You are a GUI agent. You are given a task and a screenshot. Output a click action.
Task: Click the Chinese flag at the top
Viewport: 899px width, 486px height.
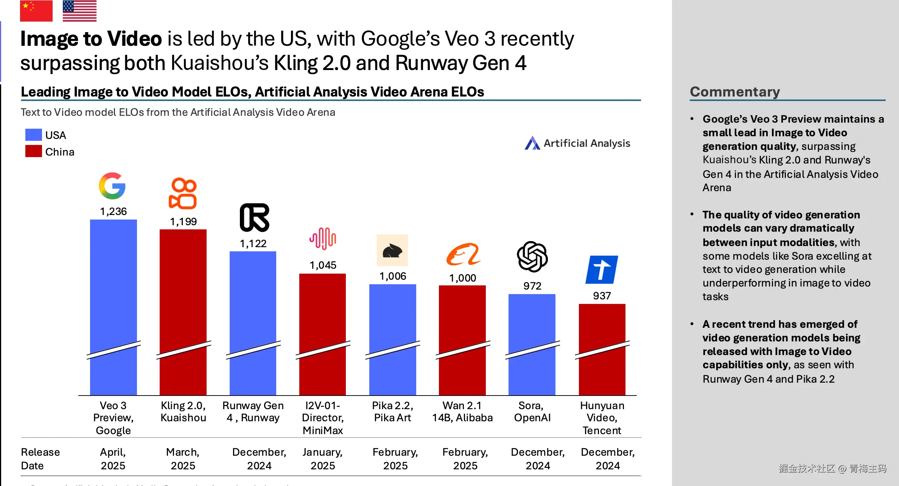36,11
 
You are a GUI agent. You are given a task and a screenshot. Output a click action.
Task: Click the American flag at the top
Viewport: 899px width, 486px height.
79,11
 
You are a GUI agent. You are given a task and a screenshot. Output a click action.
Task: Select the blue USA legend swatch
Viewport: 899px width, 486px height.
33,135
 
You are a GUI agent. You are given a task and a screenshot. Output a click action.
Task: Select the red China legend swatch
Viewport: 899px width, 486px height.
33,151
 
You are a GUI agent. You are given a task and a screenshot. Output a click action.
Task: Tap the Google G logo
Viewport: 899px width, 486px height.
112,186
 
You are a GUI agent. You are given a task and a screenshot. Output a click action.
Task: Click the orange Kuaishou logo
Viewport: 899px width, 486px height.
183,193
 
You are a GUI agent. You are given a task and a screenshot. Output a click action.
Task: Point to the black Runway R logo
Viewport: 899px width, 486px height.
254,218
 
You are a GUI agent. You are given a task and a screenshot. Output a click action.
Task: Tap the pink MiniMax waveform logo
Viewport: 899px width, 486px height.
323,238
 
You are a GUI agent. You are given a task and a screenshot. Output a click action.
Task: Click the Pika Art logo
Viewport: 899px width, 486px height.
392,250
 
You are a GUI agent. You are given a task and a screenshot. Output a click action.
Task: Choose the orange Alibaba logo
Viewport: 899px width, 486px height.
463,254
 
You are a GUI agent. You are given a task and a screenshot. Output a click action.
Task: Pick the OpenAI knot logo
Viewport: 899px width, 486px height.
532,257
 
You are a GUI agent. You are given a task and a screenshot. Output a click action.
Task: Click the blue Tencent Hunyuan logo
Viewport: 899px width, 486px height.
602,269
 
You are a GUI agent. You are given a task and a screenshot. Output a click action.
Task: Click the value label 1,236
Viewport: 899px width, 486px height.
113,211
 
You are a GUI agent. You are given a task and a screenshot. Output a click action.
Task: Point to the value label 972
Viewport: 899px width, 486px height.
532,286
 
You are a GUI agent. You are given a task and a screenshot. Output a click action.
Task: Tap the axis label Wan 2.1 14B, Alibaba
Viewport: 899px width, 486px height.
462,411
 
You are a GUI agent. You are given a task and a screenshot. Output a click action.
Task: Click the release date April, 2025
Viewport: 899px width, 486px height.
113,459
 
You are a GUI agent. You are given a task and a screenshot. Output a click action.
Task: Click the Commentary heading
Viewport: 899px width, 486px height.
735,92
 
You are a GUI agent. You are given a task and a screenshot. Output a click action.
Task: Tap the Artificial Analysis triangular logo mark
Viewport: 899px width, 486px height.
532,143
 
